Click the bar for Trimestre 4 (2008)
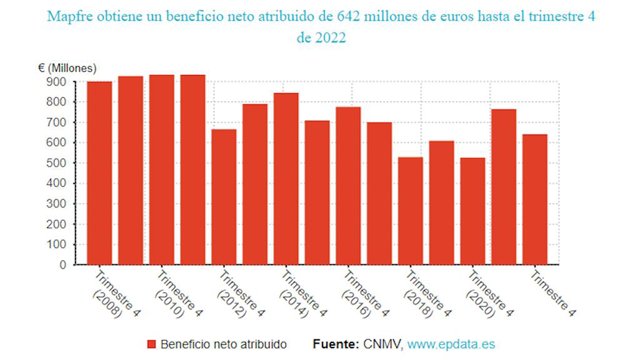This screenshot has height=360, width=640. click(x=100, y=173)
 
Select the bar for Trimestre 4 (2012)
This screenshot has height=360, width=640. click(x=224, y=197)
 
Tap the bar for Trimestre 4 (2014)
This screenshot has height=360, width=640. click(x=286, y=179)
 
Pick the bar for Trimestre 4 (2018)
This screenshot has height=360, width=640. click(x=411, y=211)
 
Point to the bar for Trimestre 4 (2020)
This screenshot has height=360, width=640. click(x=473, y=211)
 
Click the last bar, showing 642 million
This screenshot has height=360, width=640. click(x=535, y=199)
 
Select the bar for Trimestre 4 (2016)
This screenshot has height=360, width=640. click(x=348, y=186)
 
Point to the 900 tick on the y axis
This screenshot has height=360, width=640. click(x=58, y=82)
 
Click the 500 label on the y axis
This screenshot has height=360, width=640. click(x=58, y=163)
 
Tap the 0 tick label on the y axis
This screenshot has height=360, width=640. click(x=63, y=265)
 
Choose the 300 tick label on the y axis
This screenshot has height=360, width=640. click(x=58, y=204)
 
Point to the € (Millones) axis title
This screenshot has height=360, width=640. click(x=67, y=68)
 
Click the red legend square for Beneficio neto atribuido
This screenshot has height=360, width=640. click(x=151, y=344)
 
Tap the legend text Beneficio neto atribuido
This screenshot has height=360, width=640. click(x=224, y=344)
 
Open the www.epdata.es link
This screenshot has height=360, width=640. click(x=451, y=344)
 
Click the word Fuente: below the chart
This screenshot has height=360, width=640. click(x=336, y=344)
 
